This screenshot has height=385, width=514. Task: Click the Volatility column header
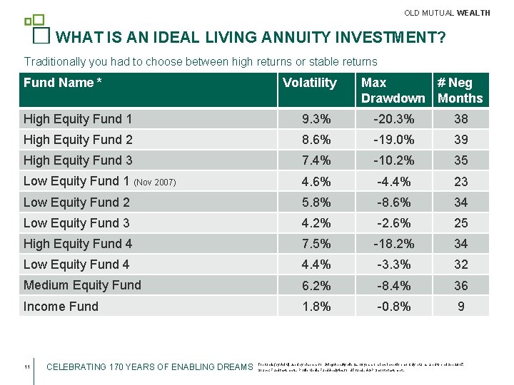(x=309, y=83)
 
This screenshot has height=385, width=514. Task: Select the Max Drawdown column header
(x=393, y=91)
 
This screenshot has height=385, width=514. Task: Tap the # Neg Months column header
(x=460, y=91)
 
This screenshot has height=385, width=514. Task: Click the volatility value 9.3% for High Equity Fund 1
(x=316, y=119)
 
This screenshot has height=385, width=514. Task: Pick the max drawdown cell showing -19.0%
(x=393, y=140)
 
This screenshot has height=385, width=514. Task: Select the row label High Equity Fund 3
(x=78, y=160)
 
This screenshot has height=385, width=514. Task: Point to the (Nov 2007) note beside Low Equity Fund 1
(x=156, y=183)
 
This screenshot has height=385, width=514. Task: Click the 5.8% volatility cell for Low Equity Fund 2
(x=316, y=202)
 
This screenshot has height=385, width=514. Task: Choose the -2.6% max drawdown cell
(x=393, y=223)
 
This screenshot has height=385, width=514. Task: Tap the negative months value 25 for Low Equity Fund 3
(x=461, y=223)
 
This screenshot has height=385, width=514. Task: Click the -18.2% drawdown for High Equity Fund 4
(x=393, y=244)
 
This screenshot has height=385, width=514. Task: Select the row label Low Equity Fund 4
(x=76, y=265)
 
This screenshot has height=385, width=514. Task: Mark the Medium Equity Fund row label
(x=82, y=285)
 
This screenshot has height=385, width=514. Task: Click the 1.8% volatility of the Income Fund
(x=316, y=307)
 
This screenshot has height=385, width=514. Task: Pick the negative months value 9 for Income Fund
(x=461, y=307)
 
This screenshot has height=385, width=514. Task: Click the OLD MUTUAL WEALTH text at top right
(x=447, y=13)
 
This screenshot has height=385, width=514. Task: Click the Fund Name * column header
(x=63, y=83)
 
